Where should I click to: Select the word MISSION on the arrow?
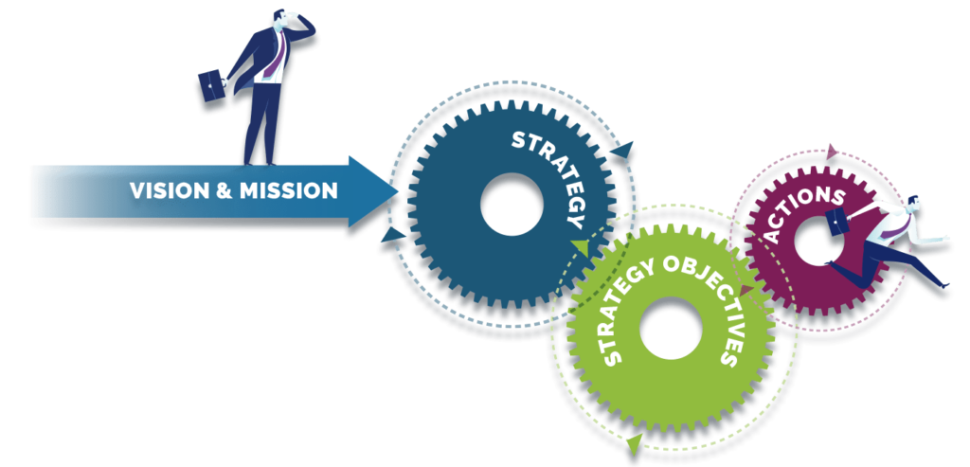pyautogui.click(x=289, y=190)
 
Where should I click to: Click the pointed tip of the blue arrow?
pyautogui.click(x=398, y=191)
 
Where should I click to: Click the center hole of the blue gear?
pyautogui.click(x=512, y=204)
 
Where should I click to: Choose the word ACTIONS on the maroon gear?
pyautogui.click(x=804, y=213)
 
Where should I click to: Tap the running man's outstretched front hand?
pyautogui.click(x=944, y=238)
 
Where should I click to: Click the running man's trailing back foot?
pyautogui.click(x=829, y=263)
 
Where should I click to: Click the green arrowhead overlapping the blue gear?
pyautogui.click(x=581, y=247)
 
